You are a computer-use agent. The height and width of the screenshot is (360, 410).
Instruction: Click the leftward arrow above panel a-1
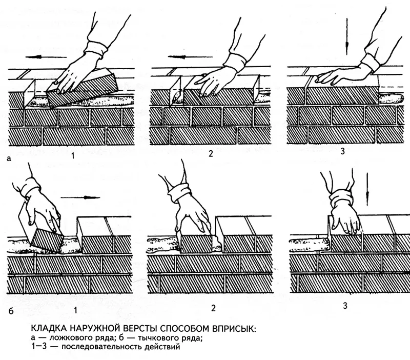(46, 57)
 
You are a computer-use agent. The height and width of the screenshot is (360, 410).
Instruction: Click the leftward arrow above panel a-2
(190, 57)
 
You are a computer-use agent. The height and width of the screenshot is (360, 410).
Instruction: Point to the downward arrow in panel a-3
(347, 36)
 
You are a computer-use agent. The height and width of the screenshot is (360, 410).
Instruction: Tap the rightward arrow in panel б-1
(80, 197)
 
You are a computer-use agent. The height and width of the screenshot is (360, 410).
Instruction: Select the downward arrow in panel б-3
(367, 189)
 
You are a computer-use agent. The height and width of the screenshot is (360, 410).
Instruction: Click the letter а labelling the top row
(9, 158)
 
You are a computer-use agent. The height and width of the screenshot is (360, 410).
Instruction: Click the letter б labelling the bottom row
(11, 311)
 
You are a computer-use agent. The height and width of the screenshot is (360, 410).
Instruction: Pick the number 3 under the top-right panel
(342, 151)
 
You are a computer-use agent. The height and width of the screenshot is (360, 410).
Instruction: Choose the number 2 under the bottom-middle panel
(213, 308)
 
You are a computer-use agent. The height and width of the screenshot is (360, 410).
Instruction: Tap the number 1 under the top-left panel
(73, 156)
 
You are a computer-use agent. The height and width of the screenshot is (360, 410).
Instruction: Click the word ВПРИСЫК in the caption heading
(235, 329)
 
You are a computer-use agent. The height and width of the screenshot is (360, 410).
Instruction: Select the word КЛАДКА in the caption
(49, 329)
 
